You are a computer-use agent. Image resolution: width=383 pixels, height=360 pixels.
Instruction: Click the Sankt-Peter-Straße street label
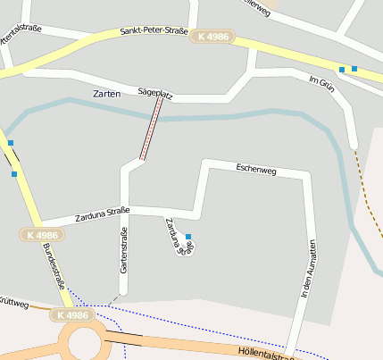pyautogui.click(x=154, y=32)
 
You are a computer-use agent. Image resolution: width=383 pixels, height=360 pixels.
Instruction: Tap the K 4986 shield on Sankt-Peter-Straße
pyautogui.click(x=211, y=35)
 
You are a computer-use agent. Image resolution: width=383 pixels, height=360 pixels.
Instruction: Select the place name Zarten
pyautogui.click(x=106, y=94)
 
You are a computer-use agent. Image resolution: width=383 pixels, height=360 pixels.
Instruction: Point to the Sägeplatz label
pyautogui.click(x=155, y=92)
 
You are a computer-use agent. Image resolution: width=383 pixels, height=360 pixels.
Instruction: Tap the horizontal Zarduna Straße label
pyautogui.click(x=102, y=213)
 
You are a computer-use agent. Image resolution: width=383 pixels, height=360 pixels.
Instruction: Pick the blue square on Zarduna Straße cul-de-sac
pyautogui.click(x=187, y=236)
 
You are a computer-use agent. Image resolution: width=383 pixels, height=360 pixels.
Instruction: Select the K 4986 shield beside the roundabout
pyautogui.click(x=71, y=314)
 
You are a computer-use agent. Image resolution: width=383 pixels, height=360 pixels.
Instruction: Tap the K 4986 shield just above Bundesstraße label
pyautogui.click(x=41, y=235)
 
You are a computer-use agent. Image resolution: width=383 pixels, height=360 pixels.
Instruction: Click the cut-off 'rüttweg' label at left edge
pyautogui.click(x=14, y=305)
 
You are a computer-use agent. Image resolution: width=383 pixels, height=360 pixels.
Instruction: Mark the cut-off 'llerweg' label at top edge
pyautogui.click(x=254, y=4)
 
